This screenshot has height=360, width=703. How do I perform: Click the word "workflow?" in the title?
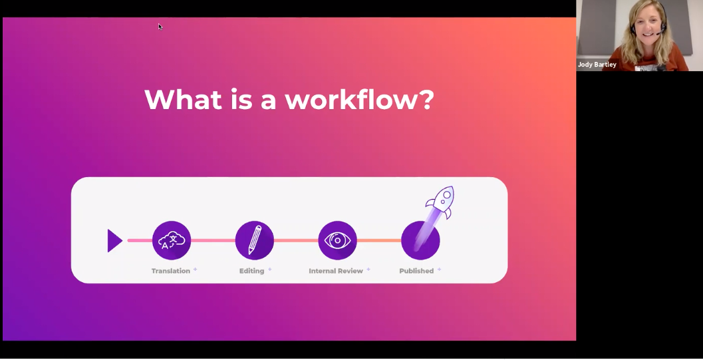pos(360,99)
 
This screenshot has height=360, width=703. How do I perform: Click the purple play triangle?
pos(115,241)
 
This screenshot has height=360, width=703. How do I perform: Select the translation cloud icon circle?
pos(172,240)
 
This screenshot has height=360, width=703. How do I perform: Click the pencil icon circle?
pos(254,240)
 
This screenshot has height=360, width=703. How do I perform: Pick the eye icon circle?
pos(337,240)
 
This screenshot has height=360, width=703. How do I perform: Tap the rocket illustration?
pos(440,202)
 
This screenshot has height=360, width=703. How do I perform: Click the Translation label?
pos(170,271)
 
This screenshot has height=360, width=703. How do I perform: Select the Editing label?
pos(251,271)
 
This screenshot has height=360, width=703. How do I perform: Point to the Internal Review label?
pos(335,271)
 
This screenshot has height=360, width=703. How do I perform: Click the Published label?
pos(416,271)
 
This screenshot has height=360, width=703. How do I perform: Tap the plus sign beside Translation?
pos(195,270)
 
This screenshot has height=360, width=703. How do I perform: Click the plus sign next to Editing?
pos(270,270)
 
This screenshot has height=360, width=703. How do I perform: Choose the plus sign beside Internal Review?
pos(368,270)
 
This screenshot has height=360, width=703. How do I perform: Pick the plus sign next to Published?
pos(439,270)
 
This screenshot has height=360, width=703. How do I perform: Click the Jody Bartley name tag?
pos(597,65)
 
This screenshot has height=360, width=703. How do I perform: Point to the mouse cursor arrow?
pos(160,27)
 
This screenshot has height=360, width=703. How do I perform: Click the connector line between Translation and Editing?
pos(213,241)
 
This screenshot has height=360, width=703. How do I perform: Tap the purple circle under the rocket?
pos(420,240)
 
